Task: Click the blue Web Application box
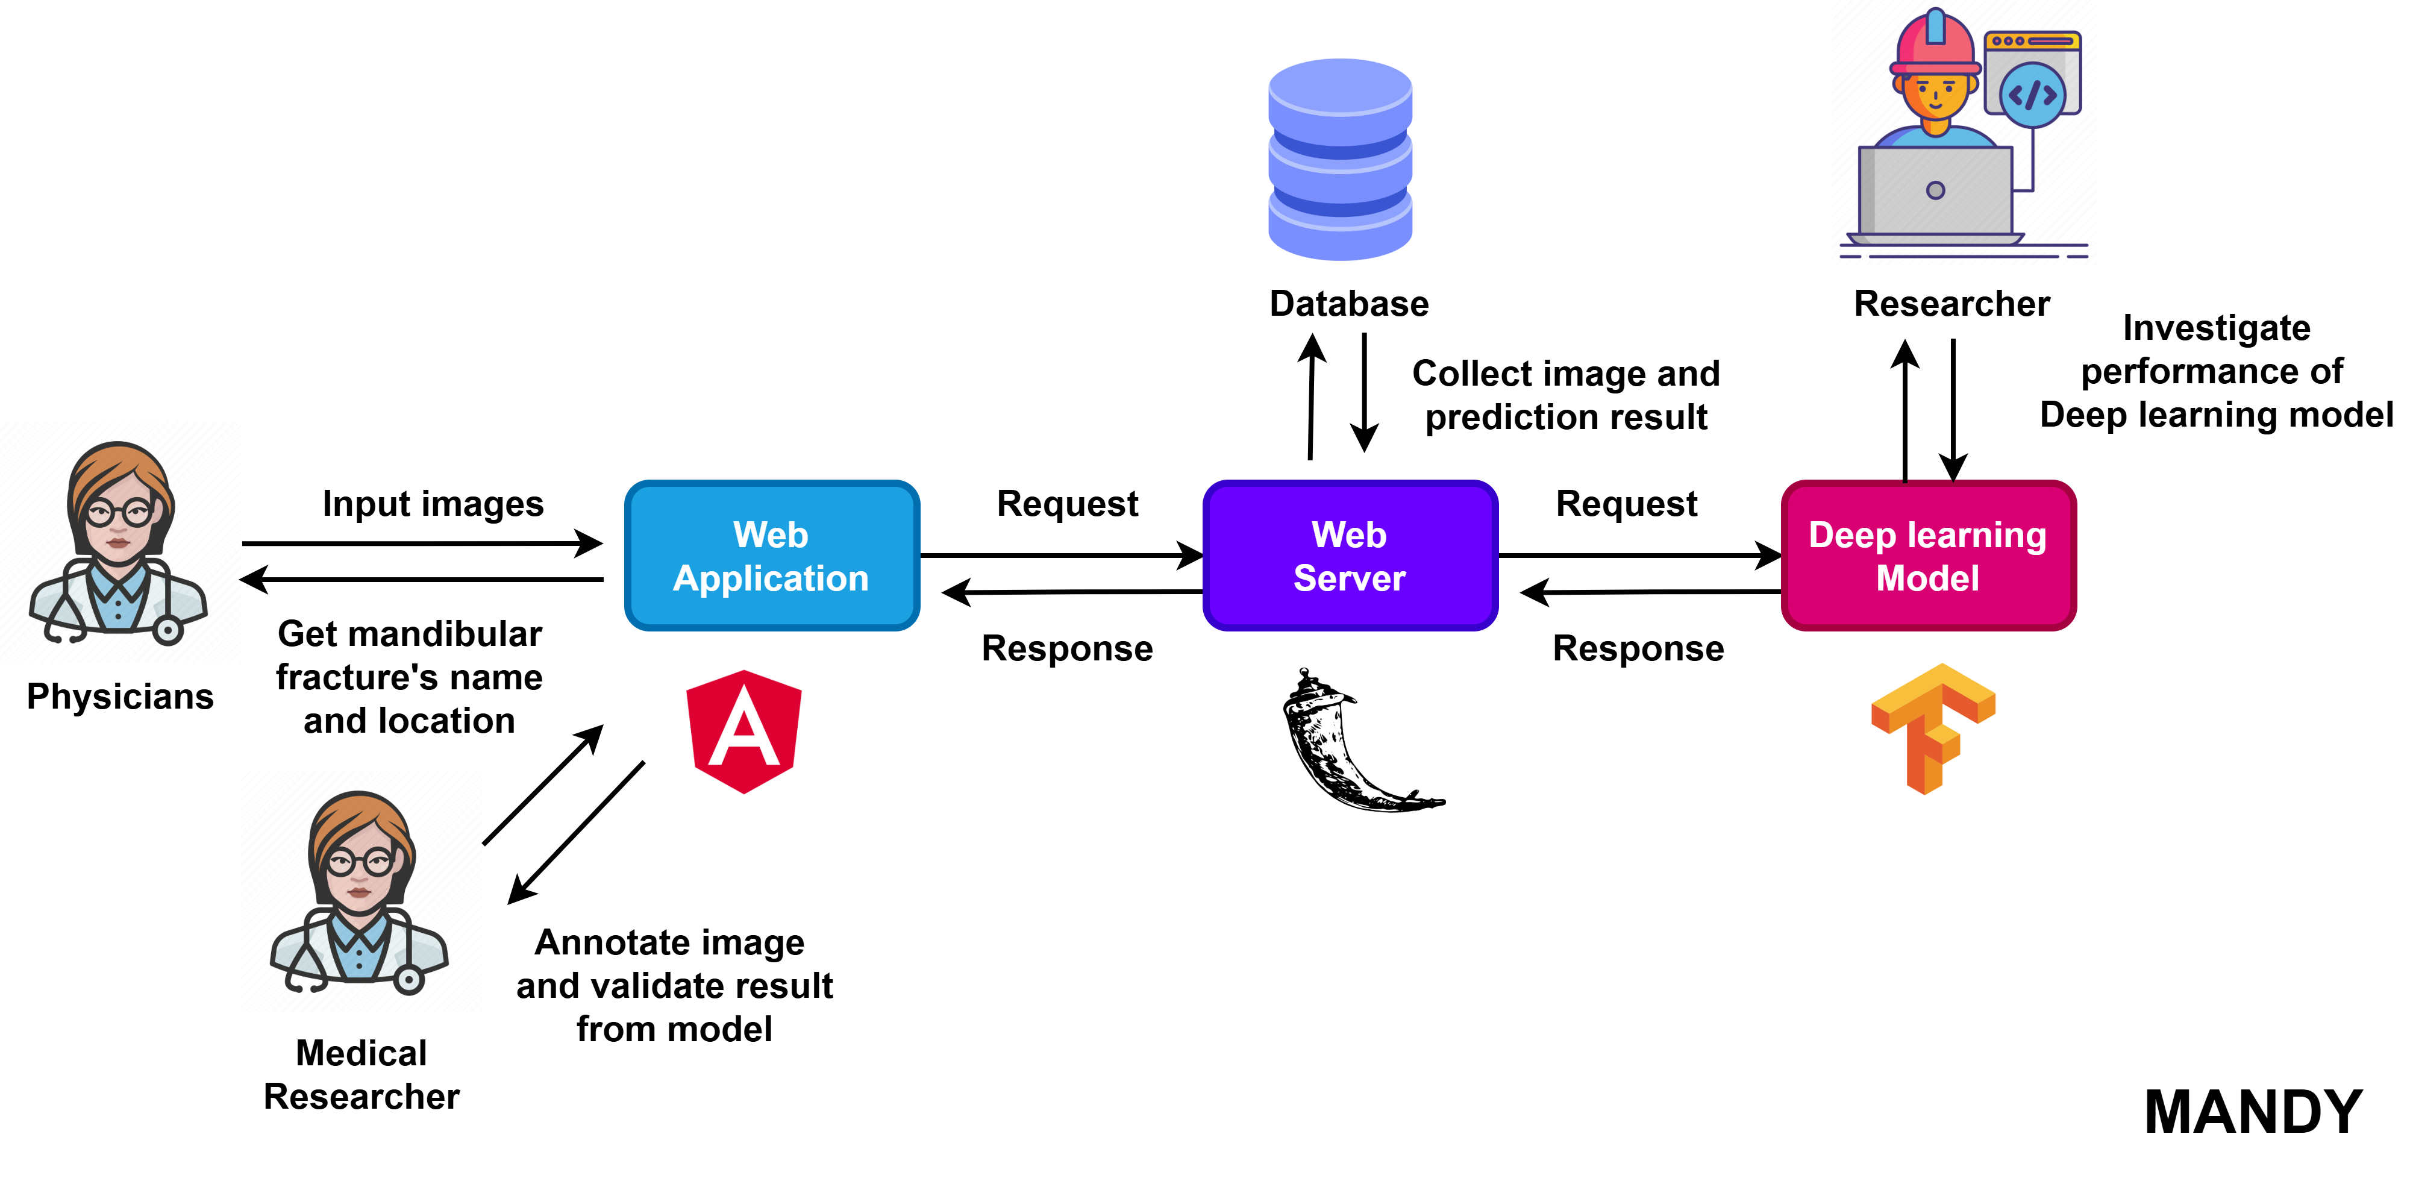coord(771,556)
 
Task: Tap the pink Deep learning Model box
coord(1928,556)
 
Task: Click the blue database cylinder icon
coord(1340,159)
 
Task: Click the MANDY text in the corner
coord(2253,1112)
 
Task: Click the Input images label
coord(433,504)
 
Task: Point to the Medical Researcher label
coord(361,1074)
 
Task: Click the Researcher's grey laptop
coord(1935,191)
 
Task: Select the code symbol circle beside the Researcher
coord(2032,95)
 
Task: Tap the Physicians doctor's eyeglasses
coord(119,512)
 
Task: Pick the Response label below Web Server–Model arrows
coord(1638,648)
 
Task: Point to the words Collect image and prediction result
coord(1565,395)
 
